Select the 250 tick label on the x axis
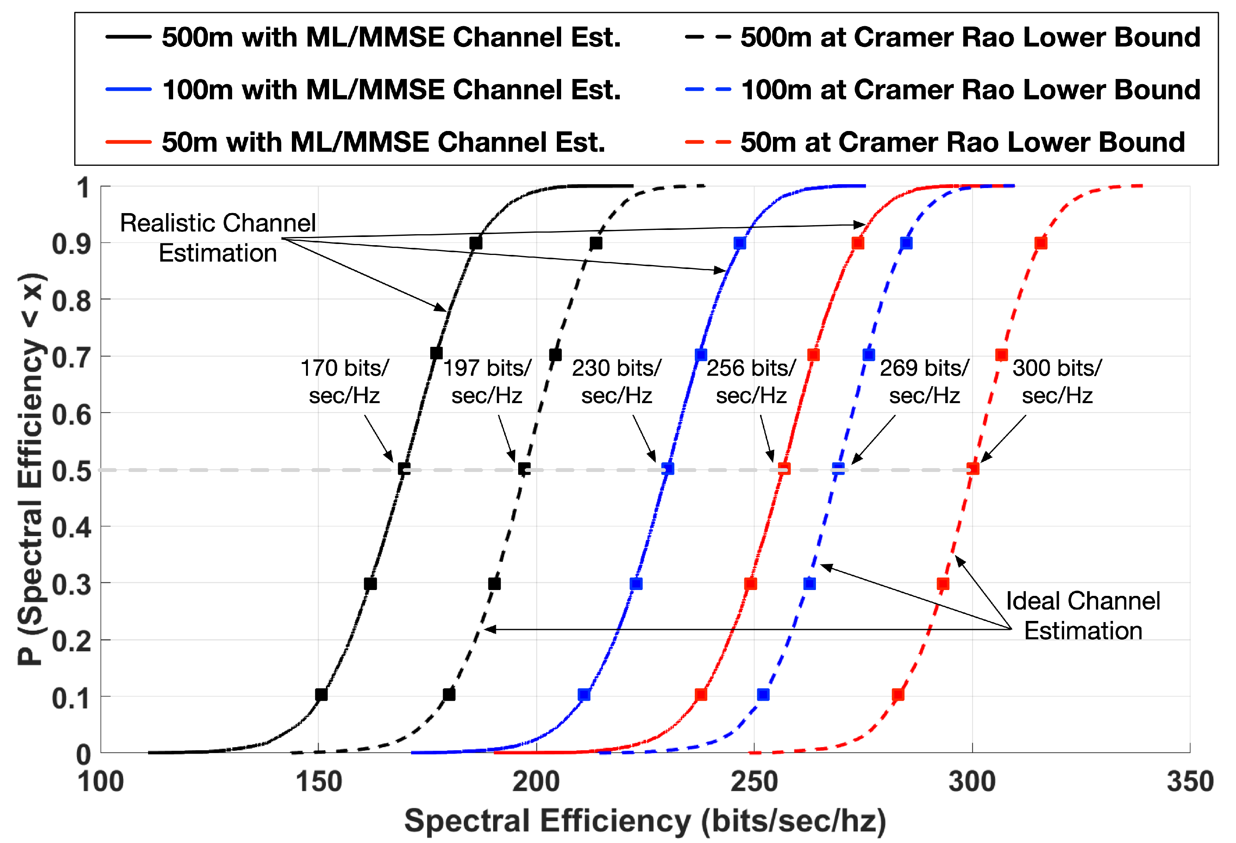click(x=754, y=781)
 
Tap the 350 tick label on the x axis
click(x=1190, y=781)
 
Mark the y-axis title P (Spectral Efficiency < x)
click(x=31, y=468)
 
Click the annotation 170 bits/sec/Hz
click(x=345, y=381)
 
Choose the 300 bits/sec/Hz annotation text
click(x=1057, y=381)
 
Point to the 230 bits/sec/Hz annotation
click(x=616, y=381)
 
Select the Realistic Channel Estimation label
click(x=218, y=237)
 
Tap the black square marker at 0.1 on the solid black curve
click(x=321, y=694)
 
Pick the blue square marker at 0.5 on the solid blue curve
click(x=668, y=469)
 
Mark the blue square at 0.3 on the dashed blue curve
click(x=809, y=584)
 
